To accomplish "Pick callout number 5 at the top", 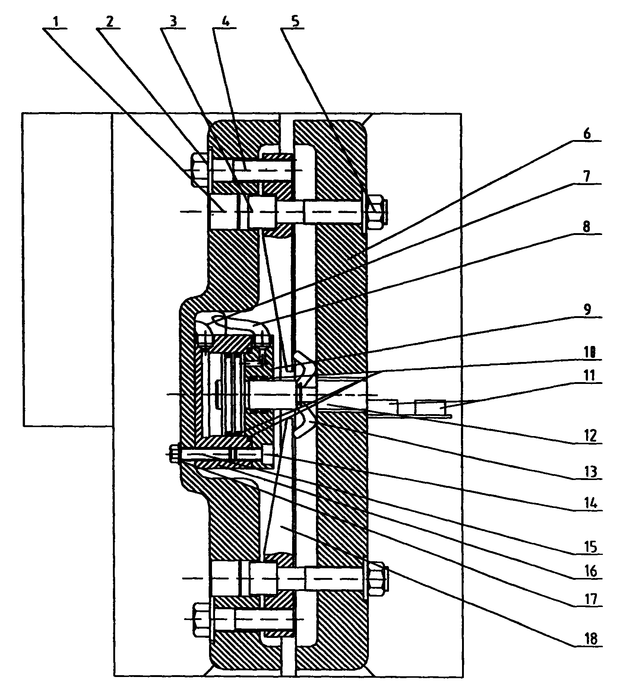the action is [295, 22].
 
